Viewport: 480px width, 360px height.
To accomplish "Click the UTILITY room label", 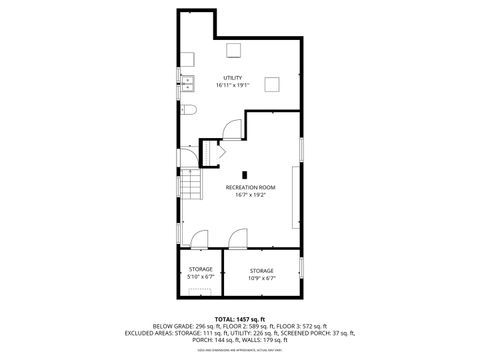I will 232,77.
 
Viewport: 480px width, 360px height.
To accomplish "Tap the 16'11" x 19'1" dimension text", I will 232,85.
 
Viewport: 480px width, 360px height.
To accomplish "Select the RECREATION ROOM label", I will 250,187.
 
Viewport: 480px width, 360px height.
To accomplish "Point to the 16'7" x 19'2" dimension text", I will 250,195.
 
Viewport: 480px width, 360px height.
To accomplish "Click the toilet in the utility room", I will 188,110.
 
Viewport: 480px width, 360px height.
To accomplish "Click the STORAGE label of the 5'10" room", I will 201,270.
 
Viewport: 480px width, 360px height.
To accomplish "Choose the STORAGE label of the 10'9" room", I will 262,270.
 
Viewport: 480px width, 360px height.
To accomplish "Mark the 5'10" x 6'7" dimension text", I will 201,277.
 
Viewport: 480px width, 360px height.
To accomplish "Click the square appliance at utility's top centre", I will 234,52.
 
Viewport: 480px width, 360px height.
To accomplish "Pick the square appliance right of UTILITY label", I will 272,85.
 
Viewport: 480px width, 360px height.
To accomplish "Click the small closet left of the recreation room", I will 210,153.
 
